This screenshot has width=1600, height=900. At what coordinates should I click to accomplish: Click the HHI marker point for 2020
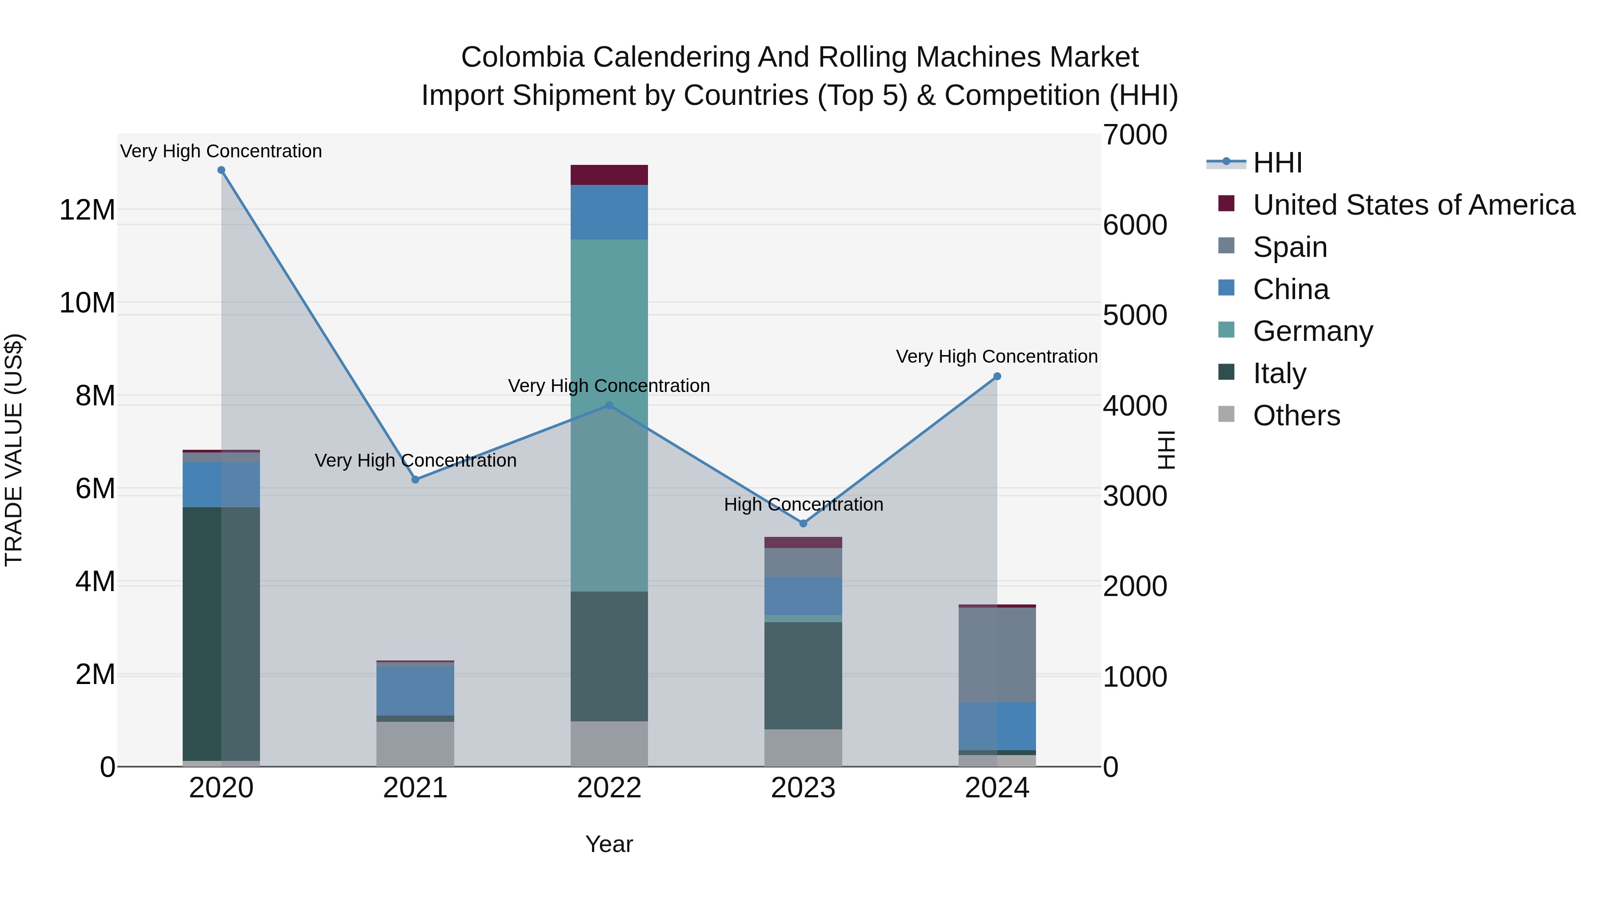click(x=221, y=170)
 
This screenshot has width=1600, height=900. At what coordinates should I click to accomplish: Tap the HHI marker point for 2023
click(x=803, y=524)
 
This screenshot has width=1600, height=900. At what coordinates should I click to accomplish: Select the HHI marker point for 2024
click(x=997, y=376)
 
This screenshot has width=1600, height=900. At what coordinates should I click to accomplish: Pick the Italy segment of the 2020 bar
click(x=221, y=633)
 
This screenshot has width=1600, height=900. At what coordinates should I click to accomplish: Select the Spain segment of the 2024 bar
click(x=997, y=655)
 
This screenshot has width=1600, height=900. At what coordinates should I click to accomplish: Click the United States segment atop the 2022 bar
click(x=609, y=175)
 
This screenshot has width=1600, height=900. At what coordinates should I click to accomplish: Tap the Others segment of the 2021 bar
click(x=415, y=744)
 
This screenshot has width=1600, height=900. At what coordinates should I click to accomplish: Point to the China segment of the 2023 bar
click(x=803, y=596)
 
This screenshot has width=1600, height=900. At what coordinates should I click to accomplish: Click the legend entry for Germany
click(x=1312, y=331)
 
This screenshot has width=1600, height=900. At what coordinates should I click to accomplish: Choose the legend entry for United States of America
click(x=1413, y=205)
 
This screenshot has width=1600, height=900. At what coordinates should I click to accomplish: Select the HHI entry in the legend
click(x=1277, y=163)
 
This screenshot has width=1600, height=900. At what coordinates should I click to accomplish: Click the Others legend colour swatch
click(x=1226, y=414)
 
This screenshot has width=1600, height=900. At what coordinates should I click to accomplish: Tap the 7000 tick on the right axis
click(x=1135, y=136)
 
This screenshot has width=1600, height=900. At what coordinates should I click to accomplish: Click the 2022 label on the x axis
click(x=609, y=788)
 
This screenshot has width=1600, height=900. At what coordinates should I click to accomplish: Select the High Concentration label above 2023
click(x=803, y=504)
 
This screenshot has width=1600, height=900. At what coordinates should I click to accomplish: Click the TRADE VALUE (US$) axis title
click(x=14, y=450)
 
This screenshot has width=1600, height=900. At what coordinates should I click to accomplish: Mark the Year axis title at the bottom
click(x=609, y=844)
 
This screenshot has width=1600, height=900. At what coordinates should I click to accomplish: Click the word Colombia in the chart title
click(x=522, y=57)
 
